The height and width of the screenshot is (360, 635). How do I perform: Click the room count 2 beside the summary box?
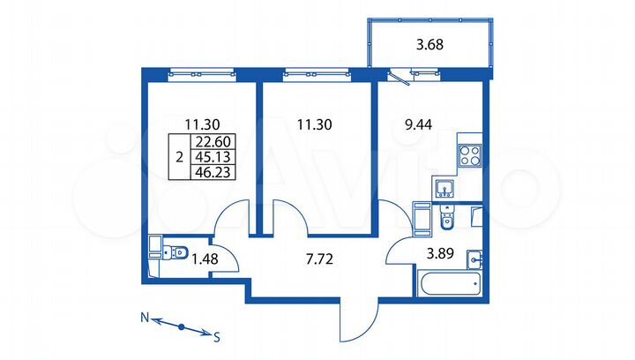179,158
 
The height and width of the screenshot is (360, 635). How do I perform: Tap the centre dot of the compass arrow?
181,326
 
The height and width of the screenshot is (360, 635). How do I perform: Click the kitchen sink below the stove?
444,187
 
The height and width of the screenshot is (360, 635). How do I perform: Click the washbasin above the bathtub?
475,259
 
